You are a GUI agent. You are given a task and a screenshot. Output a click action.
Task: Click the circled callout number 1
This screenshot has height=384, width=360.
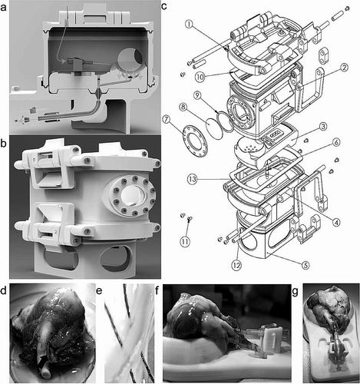click(x=189, y=25)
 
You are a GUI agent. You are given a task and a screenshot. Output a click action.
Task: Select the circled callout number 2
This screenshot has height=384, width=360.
click(x=344, y=68)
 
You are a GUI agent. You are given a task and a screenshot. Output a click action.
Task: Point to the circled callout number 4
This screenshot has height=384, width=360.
click(x=337, y=222)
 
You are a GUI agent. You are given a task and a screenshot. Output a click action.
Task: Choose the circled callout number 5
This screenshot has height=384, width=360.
click(x=305, y=265)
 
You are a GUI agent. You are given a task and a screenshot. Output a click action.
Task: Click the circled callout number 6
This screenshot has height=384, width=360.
click(x=337, y=141)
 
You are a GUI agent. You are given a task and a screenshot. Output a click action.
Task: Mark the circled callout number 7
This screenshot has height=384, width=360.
click(x=167, y=119)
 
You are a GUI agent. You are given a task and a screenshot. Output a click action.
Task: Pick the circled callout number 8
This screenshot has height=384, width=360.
click(x=183, y=107)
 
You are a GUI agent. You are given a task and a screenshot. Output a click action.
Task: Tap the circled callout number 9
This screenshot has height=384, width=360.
click(x=197, y=95)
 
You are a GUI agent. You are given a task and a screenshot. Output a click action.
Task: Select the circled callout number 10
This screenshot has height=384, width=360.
click(x=200, y=77)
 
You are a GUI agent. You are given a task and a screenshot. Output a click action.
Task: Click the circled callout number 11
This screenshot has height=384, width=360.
click(x=185, y=241)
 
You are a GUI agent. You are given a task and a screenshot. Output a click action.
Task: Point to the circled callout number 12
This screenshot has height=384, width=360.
click(x=236, y=265)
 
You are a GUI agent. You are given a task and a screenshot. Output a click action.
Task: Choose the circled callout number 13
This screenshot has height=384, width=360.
click(x=193, y=179)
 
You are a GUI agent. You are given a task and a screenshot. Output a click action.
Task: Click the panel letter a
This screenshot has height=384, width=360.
click(x=4, y=8)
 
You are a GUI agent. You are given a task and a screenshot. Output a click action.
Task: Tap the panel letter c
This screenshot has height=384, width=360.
click(x=164, y=6)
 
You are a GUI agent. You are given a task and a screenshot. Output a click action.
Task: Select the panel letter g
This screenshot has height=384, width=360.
click(x=296, y=291)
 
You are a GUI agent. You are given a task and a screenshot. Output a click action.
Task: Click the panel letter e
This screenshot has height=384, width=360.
click(x=100, y=291)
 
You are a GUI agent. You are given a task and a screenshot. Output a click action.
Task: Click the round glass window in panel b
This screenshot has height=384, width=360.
click(x=131, y=195)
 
